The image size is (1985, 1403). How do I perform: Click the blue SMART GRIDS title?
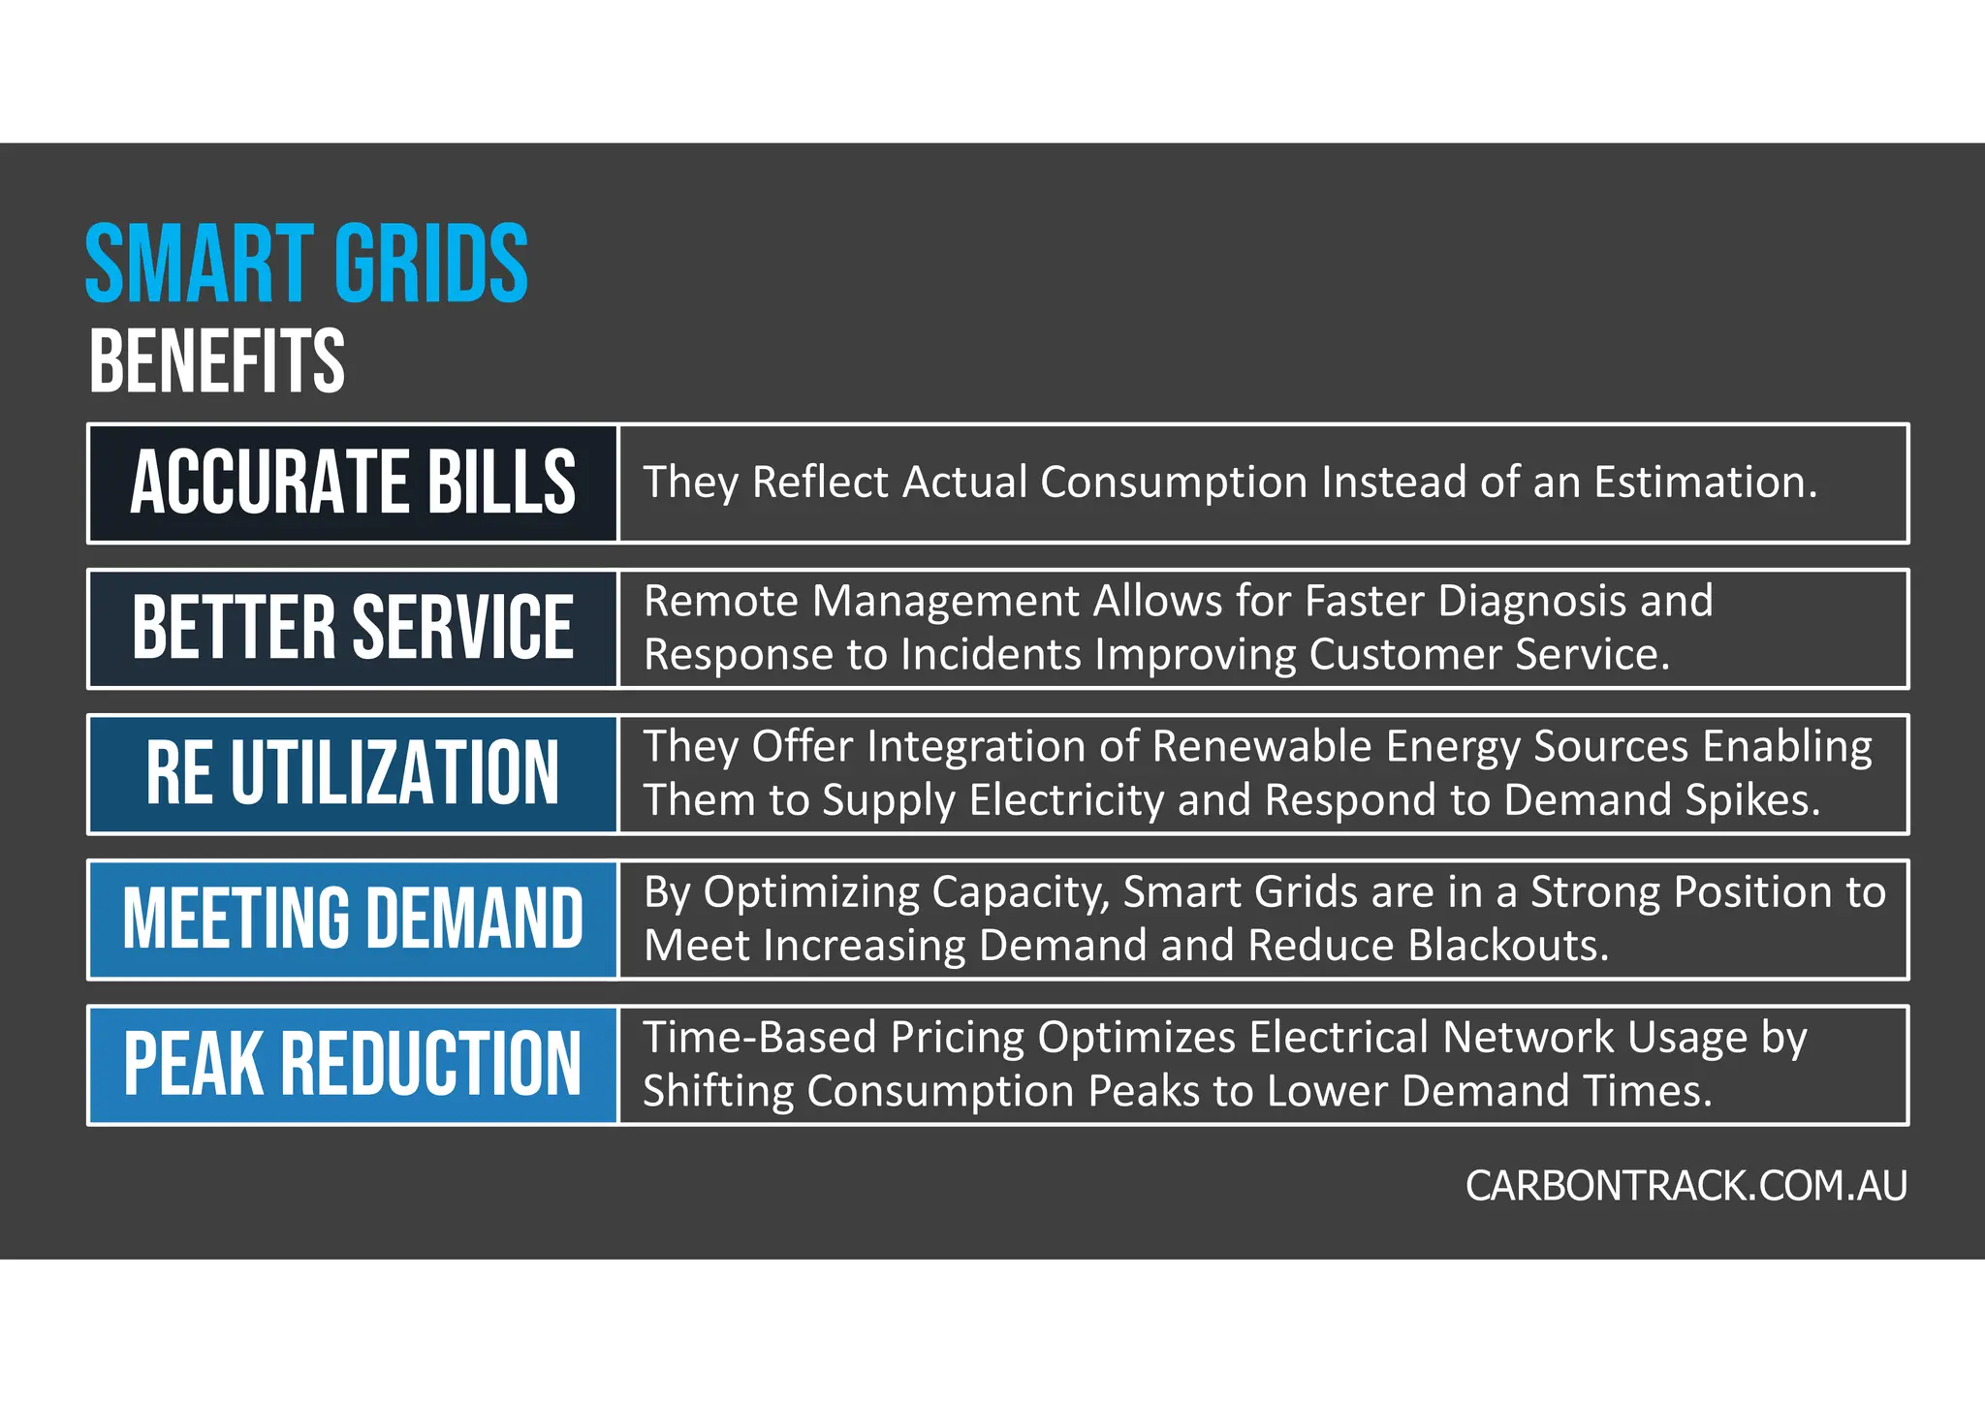tap(306, 264)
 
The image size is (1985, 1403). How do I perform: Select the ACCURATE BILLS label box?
tap(353, 483)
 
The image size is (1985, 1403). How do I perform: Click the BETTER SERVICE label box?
tap(353, 628)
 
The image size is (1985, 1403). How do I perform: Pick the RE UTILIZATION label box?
tap(353, 773)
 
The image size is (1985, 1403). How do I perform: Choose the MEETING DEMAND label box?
tap(353, 919)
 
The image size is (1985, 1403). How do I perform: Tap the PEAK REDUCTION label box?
tap(353, 1064)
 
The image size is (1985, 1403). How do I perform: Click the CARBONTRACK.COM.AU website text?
tap(1686, 1186)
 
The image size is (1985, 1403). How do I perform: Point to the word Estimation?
tap(1706, 483)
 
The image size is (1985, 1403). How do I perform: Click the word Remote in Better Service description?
tap(720, 602)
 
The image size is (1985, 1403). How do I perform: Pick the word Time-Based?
tap(760, 1038)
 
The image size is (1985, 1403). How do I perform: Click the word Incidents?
tap(991, 656)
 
